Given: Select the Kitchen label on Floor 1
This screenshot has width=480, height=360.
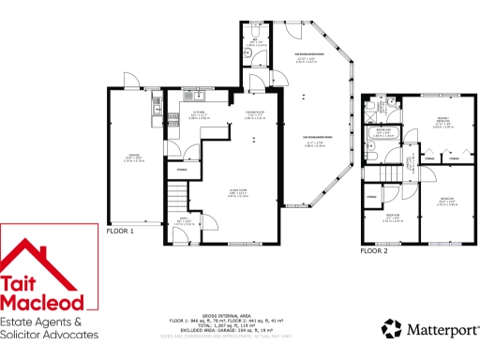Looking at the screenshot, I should (199, 116).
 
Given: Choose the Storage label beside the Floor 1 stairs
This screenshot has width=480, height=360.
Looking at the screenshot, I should (181, 170).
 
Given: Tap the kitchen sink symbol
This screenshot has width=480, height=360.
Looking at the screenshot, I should (193, 96).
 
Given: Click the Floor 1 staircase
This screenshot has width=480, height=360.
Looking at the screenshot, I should (176, 198).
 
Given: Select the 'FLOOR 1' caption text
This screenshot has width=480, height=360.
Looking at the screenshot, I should (120, 231).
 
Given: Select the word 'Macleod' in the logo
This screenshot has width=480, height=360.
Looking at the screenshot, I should (48, 303).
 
